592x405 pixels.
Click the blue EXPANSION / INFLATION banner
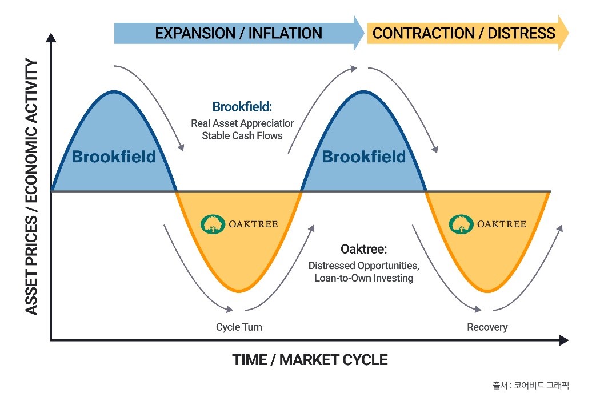(238, 33)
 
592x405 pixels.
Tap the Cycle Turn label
(239, 327)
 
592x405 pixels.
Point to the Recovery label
(487, 327)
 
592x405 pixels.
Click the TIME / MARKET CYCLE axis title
(310, 360)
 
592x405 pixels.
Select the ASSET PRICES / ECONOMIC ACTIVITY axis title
(32, 187)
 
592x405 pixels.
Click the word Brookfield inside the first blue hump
(113, 157)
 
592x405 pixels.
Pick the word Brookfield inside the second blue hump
(364, 157)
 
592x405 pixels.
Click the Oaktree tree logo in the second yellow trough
(461, 224)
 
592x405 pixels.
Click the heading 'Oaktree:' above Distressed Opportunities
(364, 250)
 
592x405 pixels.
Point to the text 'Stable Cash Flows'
(242, 136)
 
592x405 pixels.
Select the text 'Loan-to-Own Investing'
(364, 278)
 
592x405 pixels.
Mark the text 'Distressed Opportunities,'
(364, 266)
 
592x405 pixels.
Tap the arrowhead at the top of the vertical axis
(51, 38)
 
